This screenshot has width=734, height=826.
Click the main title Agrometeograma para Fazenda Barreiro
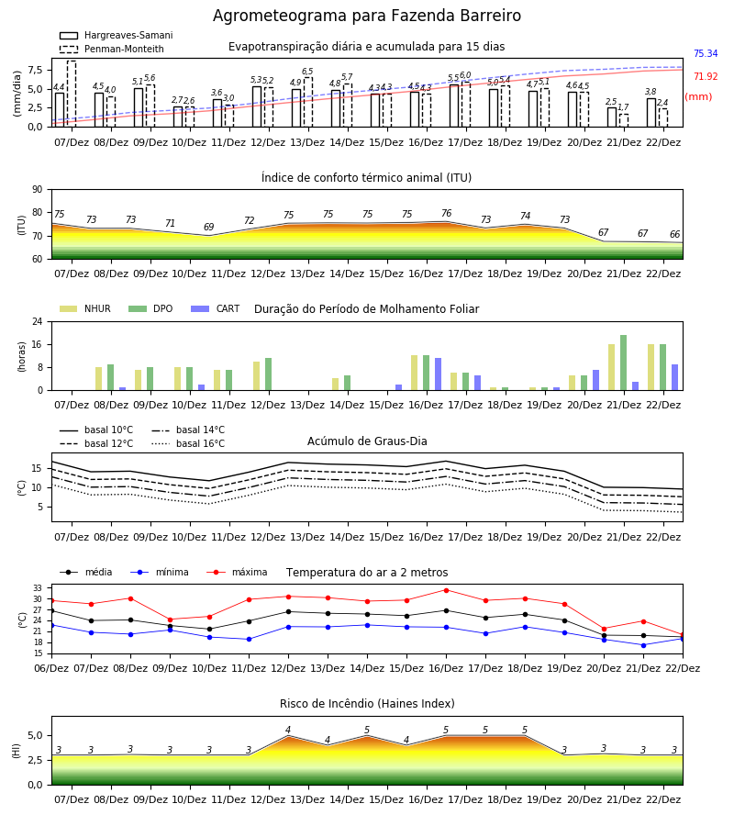[x=367, y=16]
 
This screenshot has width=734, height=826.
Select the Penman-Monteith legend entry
[x=112, y=49]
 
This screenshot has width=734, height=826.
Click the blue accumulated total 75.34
[x=706, y=54]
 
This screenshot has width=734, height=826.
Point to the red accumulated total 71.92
[x=706, y=77]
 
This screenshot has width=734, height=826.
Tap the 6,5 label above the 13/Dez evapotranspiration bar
[x=307, y=71]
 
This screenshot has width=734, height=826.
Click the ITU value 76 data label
[x=447, y=213]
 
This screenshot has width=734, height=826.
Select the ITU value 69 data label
[x=209, y=227]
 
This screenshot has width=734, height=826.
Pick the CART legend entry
[x=216, y=308]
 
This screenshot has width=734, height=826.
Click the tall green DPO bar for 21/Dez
[x=623, y=363]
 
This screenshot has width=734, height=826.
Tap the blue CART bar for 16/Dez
[x=438, y=374]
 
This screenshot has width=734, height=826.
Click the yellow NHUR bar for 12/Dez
[x=256, y=376]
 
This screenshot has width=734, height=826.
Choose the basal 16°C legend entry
[x=188, y=443]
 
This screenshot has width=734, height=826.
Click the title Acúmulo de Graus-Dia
[x=367, y=441]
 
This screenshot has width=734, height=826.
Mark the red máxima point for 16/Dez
[x=447, y=590]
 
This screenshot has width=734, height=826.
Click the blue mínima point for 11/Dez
[x=249, y=639]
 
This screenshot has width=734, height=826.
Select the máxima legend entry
[x=237, y=572]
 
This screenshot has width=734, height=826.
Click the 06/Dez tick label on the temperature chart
[x=51, y=668]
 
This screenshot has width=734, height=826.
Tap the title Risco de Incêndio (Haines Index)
[x=367, y=703]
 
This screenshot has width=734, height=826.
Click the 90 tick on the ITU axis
[x=38, y=190]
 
